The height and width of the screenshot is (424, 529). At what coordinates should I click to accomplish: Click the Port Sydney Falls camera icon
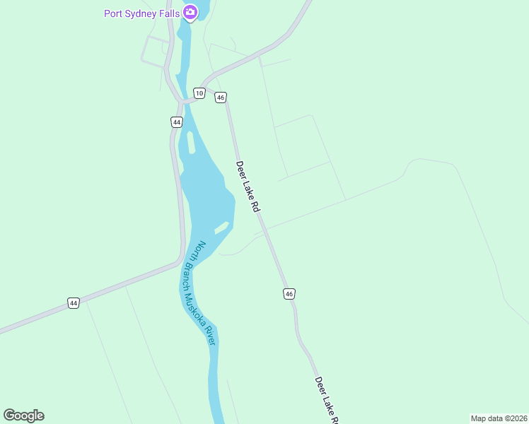[190, 12]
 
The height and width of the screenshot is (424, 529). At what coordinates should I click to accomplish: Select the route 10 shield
[199, 93]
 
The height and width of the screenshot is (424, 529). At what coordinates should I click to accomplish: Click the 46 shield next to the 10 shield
[221, 98]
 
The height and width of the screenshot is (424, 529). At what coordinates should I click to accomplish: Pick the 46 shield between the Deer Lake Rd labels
[289, 293]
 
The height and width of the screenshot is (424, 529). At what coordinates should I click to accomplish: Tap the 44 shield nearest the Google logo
[74, 303]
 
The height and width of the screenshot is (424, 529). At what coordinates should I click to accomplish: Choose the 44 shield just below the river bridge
[176, 122]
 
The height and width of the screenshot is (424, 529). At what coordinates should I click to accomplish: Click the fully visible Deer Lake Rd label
[249, 187]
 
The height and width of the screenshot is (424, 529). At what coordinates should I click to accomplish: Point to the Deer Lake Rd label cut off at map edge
[327, 400]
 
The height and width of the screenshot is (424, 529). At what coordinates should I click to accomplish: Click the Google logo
[24, 416]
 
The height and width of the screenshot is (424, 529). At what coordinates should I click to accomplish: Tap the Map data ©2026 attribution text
[499, 418]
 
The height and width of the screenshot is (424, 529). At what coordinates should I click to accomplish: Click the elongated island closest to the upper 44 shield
[191, 142]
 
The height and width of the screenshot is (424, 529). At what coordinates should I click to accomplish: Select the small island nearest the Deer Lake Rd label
[222, 228]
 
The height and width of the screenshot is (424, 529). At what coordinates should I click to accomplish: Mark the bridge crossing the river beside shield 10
[186, 102]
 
